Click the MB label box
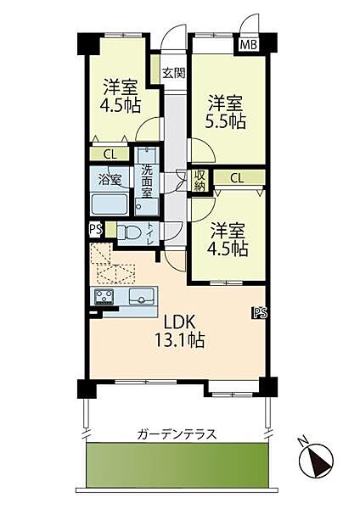250,45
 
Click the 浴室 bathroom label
110,179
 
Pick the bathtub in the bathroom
110,204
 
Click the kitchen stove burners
106,296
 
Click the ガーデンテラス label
177,434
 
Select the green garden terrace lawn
177,466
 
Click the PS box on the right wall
258,313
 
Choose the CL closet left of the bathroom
110,154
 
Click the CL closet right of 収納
237,178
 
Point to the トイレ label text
151,232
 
